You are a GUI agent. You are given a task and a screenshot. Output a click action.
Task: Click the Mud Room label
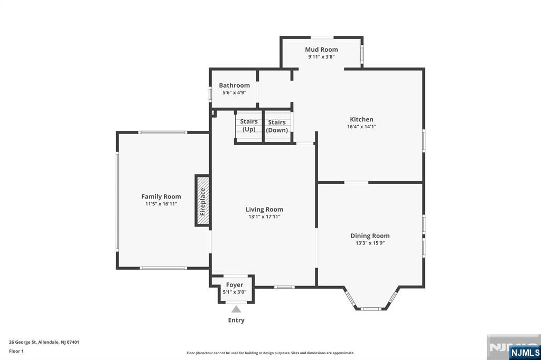coord(321,50)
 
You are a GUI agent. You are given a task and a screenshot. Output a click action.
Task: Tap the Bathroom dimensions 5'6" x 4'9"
coord(234,92)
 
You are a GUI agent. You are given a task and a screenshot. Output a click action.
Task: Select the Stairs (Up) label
coord(249,125)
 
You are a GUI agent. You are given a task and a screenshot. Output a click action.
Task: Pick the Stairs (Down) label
coord(277,126)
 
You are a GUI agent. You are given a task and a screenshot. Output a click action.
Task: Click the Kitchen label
coord(361,119)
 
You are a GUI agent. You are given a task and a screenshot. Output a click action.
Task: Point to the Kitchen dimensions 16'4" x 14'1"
coord(361,127)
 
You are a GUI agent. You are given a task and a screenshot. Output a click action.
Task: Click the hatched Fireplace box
coord(202,201)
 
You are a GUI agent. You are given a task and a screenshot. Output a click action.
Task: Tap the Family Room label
coord(161,196)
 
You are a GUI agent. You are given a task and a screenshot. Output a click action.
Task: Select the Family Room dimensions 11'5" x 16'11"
coord(161,204)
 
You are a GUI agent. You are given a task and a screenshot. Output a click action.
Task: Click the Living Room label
coord(264,210)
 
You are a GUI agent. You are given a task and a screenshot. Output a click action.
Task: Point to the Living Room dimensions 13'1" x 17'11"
coord(264,216)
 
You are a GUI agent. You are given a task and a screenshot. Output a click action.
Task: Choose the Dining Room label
coord(370,236)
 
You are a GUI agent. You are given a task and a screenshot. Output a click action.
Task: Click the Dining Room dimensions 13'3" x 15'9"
coord(370,243)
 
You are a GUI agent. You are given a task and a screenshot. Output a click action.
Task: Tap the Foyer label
coord(235,285)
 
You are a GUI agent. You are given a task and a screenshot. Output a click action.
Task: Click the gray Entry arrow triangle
coord(236,309)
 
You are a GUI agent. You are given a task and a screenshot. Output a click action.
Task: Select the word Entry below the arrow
coord(236,320)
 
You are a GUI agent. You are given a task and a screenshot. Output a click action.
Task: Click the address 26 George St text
coord(44,343)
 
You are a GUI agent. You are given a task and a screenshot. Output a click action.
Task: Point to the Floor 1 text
coord(16,352)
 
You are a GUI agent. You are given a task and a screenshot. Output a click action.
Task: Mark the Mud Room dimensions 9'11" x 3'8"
coord(321,57)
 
